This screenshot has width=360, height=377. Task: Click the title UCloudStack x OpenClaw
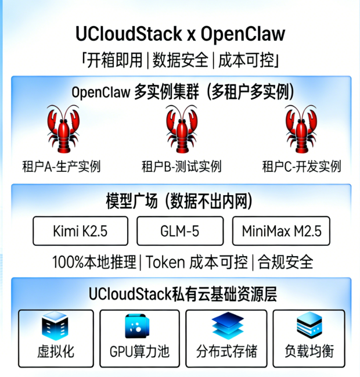(x=180, y=33)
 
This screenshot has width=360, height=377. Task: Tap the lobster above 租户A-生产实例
(x=62, y=130)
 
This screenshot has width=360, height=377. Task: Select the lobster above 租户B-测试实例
(x=181, y=130)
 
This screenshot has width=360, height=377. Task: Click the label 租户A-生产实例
(x=62, y=167)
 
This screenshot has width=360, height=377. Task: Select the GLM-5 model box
(x=180, y=231)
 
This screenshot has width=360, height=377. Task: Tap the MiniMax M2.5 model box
(x=281, y=231)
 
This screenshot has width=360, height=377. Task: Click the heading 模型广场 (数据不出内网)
(x=180, y=202)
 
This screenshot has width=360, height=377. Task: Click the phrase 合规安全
(x=286, y=262)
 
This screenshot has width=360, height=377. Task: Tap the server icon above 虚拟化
(x=56, y=328)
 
